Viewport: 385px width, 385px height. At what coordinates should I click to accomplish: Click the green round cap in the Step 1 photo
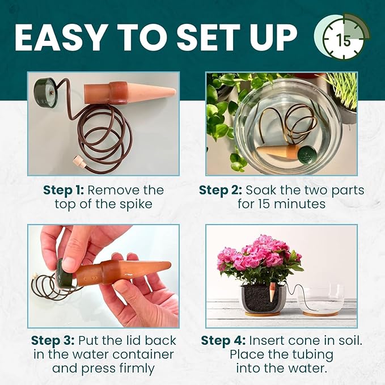coord(44,92)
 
